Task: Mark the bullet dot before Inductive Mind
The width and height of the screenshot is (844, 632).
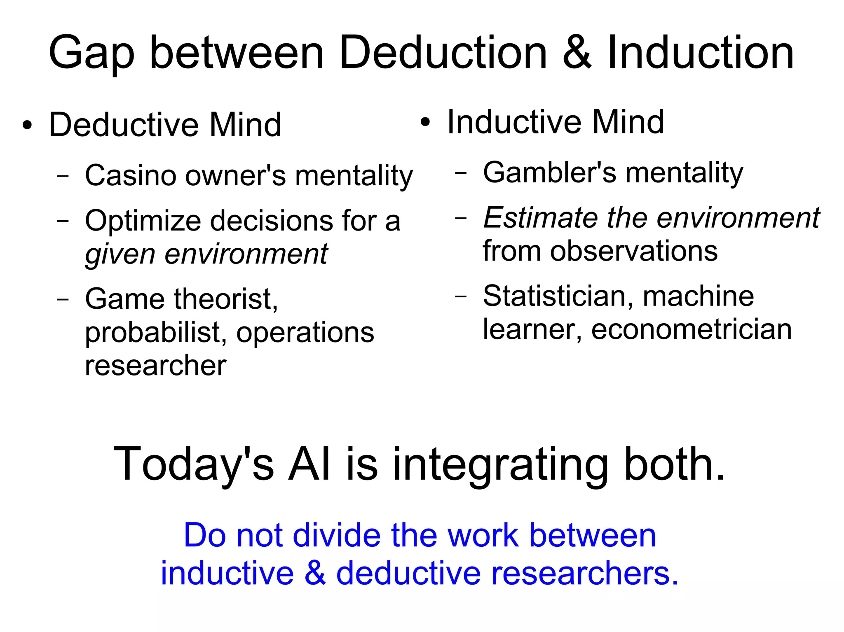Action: (425, 122)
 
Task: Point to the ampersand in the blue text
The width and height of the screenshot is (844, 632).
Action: (315, 573)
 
